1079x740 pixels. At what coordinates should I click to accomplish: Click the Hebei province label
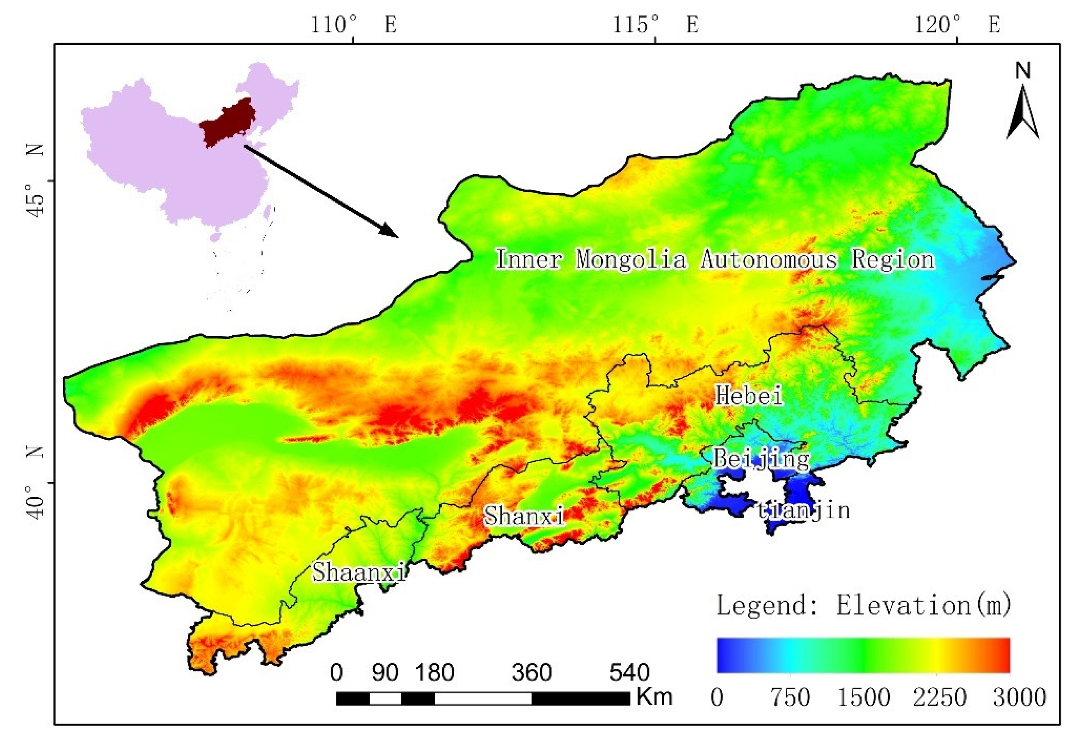click(x=749, y=395)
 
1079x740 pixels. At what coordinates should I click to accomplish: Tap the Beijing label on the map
click(x=761, y=459)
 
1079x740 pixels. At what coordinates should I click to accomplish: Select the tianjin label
click(x=803, y=510)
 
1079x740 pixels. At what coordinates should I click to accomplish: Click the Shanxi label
click(x=524, y=516)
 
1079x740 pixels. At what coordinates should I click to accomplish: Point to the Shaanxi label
click(x=359, y=572)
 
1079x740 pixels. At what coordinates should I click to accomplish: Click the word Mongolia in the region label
click(x=631, y=259)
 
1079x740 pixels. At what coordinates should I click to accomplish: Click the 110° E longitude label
click(x=354, y=24)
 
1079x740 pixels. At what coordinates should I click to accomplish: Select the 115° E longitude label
click(x=656, y=24)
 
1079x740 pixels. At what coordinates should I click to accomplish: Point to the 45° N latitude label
click(x=35, y=181)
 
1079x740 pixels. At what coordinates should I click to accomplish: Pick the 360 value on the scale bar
click(x=532, y=673)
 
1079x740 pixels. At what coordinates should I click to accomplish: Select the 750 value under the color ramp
click(x=790, y=697)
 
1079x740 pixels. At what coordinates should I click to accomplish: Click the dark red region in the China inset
click(x=225, y=123)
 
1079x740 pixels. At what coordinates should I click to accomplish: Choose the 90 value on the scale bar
click(x=385, y=673)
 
